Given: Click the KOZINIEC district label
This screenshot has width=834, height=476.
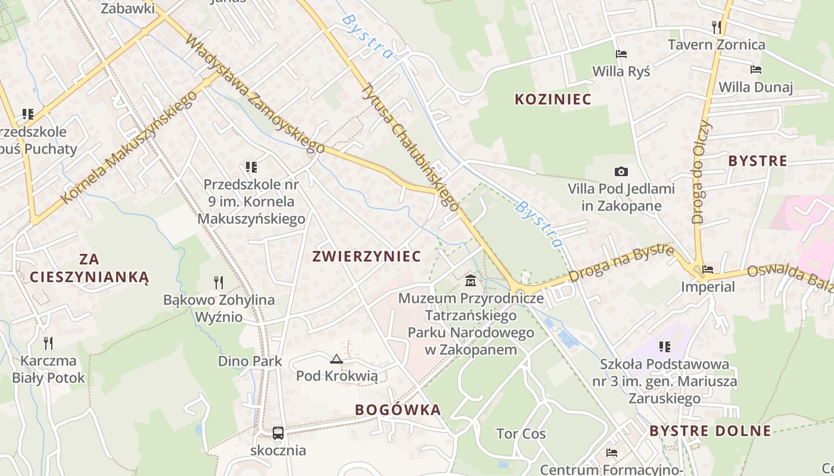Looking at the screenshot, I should point(553,99).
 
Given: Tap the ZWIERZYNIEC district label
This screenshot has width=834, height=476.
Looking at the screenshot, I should point(366,256).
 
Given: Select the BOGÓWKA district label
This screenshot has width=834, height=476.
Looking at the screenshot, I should point(398,410).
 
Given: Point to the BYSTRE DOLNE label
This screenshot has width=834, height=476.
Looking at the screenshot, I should point(710,431).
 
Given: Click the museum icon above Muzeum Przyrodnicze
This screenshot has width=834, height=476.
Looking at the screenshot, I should point(471,280).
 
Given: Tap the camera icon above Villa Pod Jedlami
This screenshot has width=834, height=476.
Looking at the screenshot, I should point(621,172).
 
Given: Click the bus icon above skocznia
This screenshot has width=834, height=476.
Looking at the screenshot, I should point(278,433).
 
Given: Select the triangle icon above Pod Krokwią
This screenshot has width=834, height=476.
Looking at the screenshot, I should point(337,359).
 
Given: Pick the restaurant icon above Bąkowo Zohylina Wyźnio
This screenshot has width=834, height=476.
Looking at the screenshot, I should point(219,282).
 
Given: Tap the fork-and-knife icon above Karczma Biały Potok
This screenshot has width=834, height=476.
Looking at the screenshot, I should point(48,343).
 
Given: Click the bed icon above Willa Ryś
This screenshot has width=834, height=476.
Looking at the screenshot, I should point(621,54).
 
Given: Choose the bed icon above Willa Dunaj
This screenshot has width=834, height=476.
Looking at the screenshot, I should point(755,70).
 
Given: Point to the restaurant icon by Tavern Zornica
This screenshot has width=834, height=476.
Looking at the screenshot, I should point(717,27).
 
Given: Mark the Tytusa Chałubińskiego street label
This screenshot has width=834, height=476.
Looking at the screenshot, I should point(410,146).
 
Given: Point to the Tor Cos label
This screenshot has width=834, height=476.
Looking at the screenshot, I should point(521,434).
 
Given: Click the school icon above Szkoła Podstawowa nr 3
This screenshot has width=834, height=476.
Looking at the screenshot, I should point(665,346).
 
